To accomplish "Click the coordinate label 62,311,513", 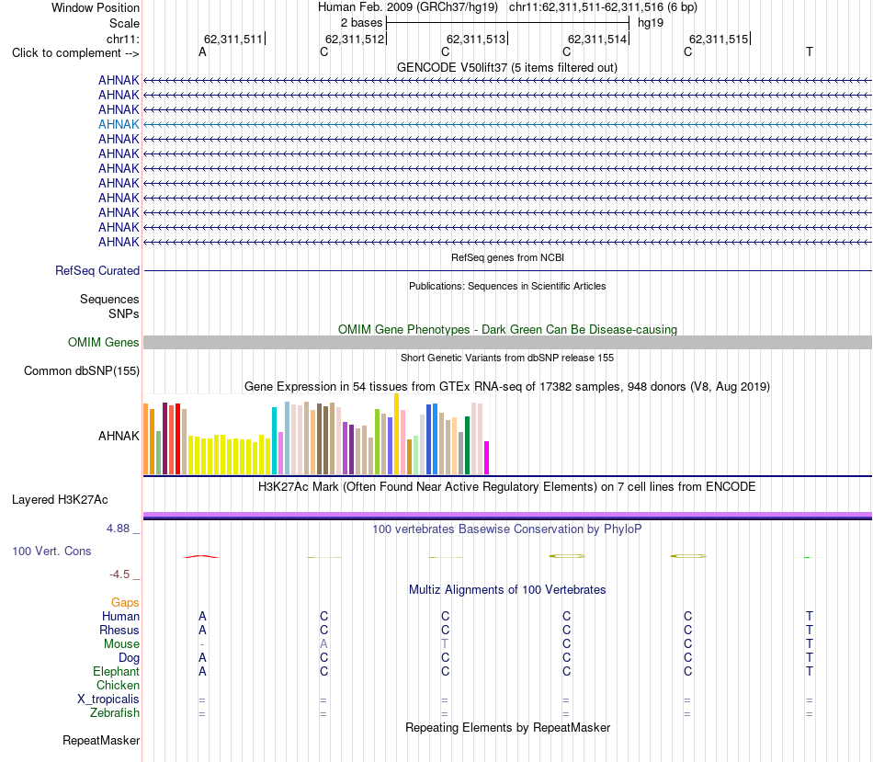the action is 476,39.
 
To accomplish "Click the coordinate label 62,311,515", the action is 719,39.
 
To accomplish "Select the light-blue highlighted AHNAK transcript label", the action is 119,124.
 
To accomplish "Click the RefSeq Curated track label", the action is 97,271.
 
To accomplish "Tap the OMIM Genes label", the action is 104,343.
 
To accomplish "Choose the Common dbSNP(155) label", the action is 82,371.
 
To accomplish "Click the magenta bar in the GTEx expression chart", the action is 487,458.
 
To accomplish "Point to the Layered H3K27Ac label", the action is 60,500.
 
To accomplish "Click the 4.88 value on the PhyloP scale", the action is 118,528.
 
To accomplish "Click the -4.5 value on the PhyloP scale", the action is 119,574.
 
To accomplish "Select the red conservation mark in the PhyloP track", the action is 201,556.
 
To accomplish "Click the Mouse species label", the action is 121,644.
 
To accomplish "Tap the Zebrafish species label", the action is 115,713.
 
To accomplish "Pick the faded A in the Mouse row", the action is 324,644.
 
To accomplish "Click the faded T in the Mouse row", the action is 445,644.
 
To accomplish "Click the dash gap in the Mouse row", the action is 202,644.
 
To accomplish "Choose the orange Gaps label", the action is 125,603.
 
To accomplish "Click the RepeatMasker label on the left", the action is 101,740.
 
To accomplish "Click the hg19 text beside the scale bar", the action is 651,23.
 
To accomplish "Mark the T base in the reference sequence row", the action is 810,51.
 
